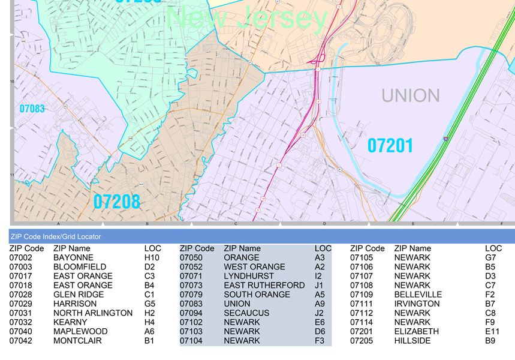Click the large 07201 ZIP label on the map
[x=390, y=145]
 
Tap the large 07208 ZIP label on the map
[x=116, y=202]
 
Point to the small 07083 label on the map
[x=32, y=109]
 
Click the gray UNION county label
[x=411, y=95]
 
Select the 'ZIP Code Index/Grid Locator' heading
[x=56, y=237]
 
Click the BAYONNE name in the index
[x=73, y=257]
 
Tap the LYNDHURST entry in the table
[x=249, y=276]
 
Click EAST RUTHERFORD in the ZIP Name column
[x=264, y=285]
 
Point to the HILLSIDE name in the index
[x=412, y=341]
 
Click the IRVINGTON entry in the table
[x=417, y=304]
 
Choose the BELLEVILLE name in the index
[x=418, y=295]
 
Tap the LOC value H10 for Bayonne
[x=152, y=257]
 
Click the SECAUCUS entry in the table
[x=246, y=313]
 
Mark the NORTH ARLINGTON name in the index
[x=93, y=313]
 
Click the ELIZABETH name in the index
[x=416, y=331]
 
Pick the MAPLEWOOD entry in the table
[x=80, y=331]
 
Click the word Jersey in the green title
[x=282, y=19]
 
